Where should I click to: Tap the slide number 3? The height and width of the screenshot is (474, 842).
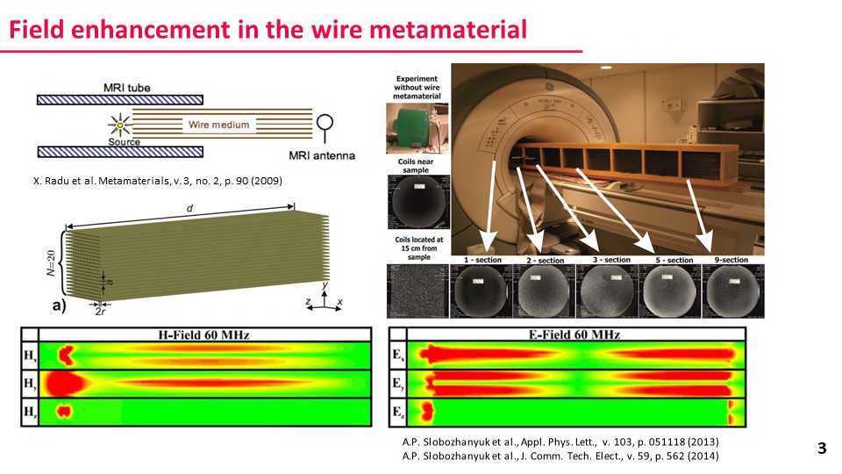822,449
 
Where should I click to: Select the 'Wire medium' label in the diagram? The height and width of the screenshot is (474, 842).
218,125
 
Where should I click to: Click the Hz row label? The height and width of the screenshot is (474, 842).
30,411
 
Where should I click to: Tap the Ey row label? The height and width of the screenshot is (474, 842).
397,383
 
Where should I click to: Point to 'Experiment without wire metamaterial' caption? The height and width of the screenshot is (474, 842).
417,86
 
